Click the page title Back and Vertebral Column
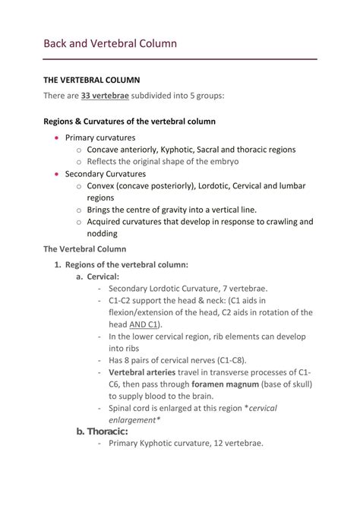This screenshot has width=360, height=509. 109,43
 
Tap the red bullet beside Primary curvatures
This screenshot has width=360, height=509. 57,138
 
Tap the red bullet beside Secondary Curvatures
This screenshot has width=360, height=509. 57,174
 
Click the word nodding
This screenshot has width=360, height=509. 104,234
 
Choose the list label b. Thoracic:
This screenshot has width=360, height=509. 103,432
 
